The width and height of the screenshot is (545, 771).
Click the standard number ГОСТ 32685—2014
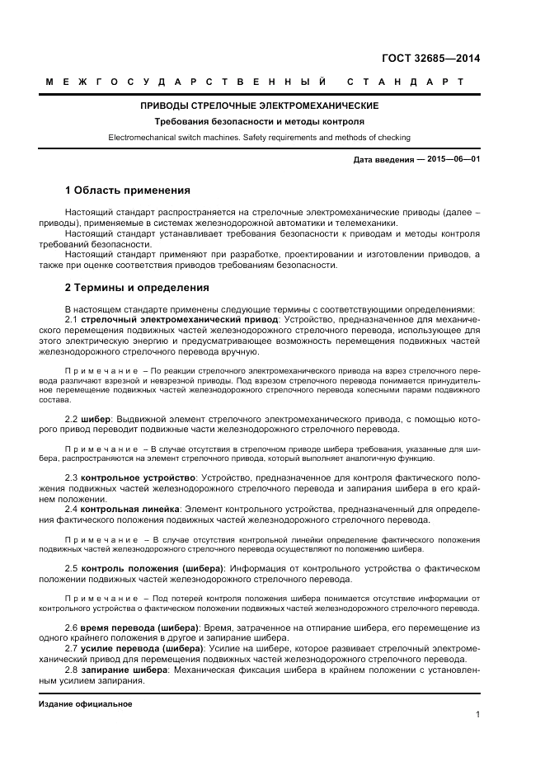430,59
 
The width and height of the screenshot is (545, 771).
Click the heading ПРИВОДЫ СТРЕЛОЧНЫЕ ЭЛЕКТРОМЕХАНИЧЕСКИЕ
259,106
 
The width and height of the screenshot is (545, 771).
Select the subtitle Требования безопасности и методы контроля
259,121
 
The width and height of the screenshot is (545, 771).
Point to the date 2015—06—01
453,158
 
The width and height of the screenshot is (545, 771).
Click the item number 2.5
71,568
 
